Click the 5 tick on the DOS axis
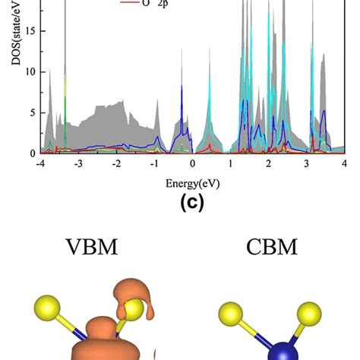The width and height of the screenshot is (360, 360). point(32,112)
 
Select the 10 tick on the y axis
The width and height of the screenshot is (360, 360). point(30,72)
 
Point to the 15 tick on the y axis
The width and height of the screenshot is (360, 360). point(30,32)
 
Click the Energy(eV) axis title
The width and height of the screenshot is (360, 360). point(193,183)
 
